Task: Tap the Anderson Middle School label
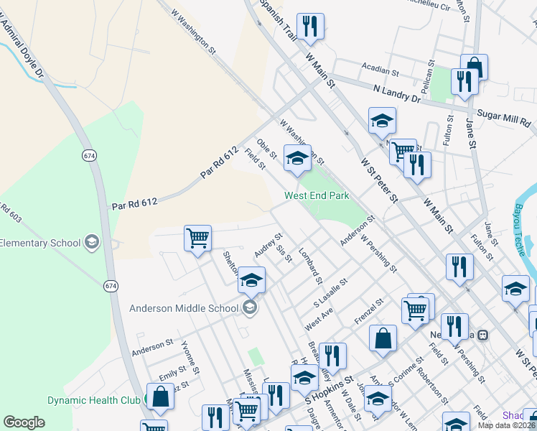(183, 309)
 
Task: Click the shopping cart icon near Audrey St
(197, 237)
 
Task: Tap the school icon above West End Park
(296, 158)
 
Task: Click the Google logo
(24, 422)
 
